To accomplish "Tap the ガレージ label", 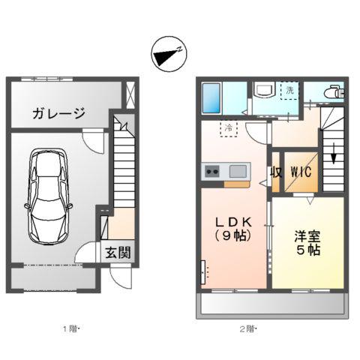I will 58,114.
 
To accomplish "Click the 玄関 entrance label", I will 118,253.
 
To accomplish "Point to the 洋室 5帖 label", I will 307,243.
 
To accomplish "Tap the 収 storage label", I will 276,172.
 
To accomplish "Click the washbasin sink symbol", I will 264,92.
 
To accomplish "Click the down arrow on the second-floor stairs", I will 332,158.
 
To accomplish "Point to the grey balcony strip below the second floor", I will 271,304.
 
